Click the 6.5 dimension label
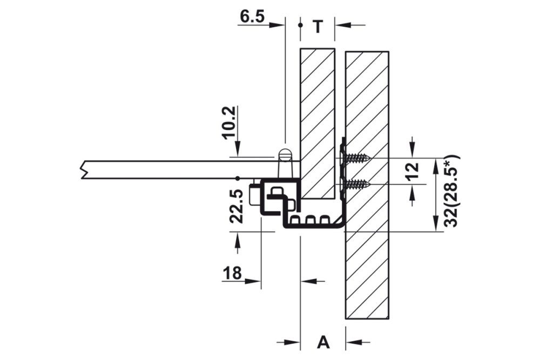coord(252,16)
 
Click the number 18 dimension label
coord(232,274)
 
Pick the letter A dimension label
coord(323,342)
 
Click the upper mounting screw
coord(356,159)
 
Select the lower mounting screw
coord(356,185)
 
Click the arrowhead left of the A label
coord(295,342)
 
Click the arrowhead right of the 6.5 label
coord(279,24)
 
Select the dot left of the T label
coord(300,25)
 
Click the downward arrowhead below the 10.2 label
coord(238,152)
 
